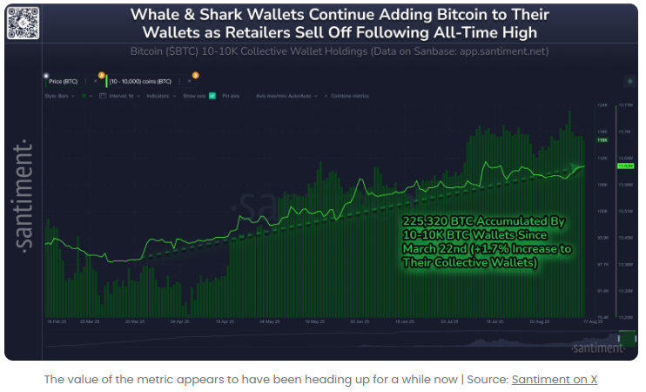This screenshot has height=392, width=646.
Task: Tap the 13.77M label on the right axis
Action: point(623,105)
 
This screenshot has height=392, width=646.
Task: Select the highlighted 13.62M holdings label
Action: point(623,166)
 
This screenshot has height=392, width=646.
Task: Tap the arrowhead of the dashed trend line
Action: point(580,166)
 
